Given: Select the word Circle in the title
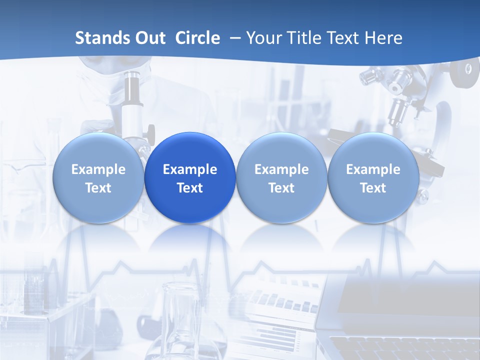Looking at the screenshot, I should [x=197, y=38].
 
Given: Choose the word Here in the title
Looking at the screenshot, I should [x=383, y=38].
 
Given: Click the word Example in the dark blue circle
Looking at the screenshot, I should [x=190, y=169].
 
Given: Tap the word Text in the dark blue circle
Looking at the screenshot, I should [x=190, y=188].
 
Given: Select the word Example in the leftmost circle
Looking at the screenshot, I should [x=98, y=169].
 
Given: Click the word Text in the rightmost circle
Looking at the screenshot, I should [x=373, y=188].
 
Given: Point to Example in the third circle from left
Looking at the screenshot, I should [x=281, y=169].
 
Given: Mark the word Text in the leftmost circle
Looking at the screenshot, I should [x=98, y=188].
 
